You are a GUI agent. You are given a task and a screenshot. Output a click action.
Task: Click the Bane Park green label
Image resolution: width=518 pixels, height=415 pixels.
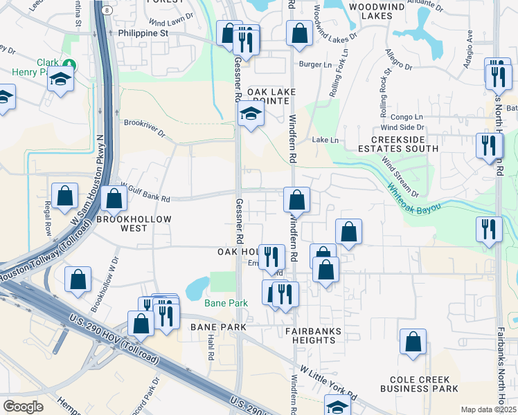(226, 303)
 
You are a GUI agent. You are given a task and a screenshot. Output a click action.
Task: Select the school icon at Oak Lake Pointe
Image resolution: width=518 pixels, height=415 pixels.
(251, 114)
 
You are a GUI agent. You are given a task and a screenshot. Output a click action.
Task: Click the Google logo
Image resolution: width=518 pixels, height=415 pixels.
(23, 407)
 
